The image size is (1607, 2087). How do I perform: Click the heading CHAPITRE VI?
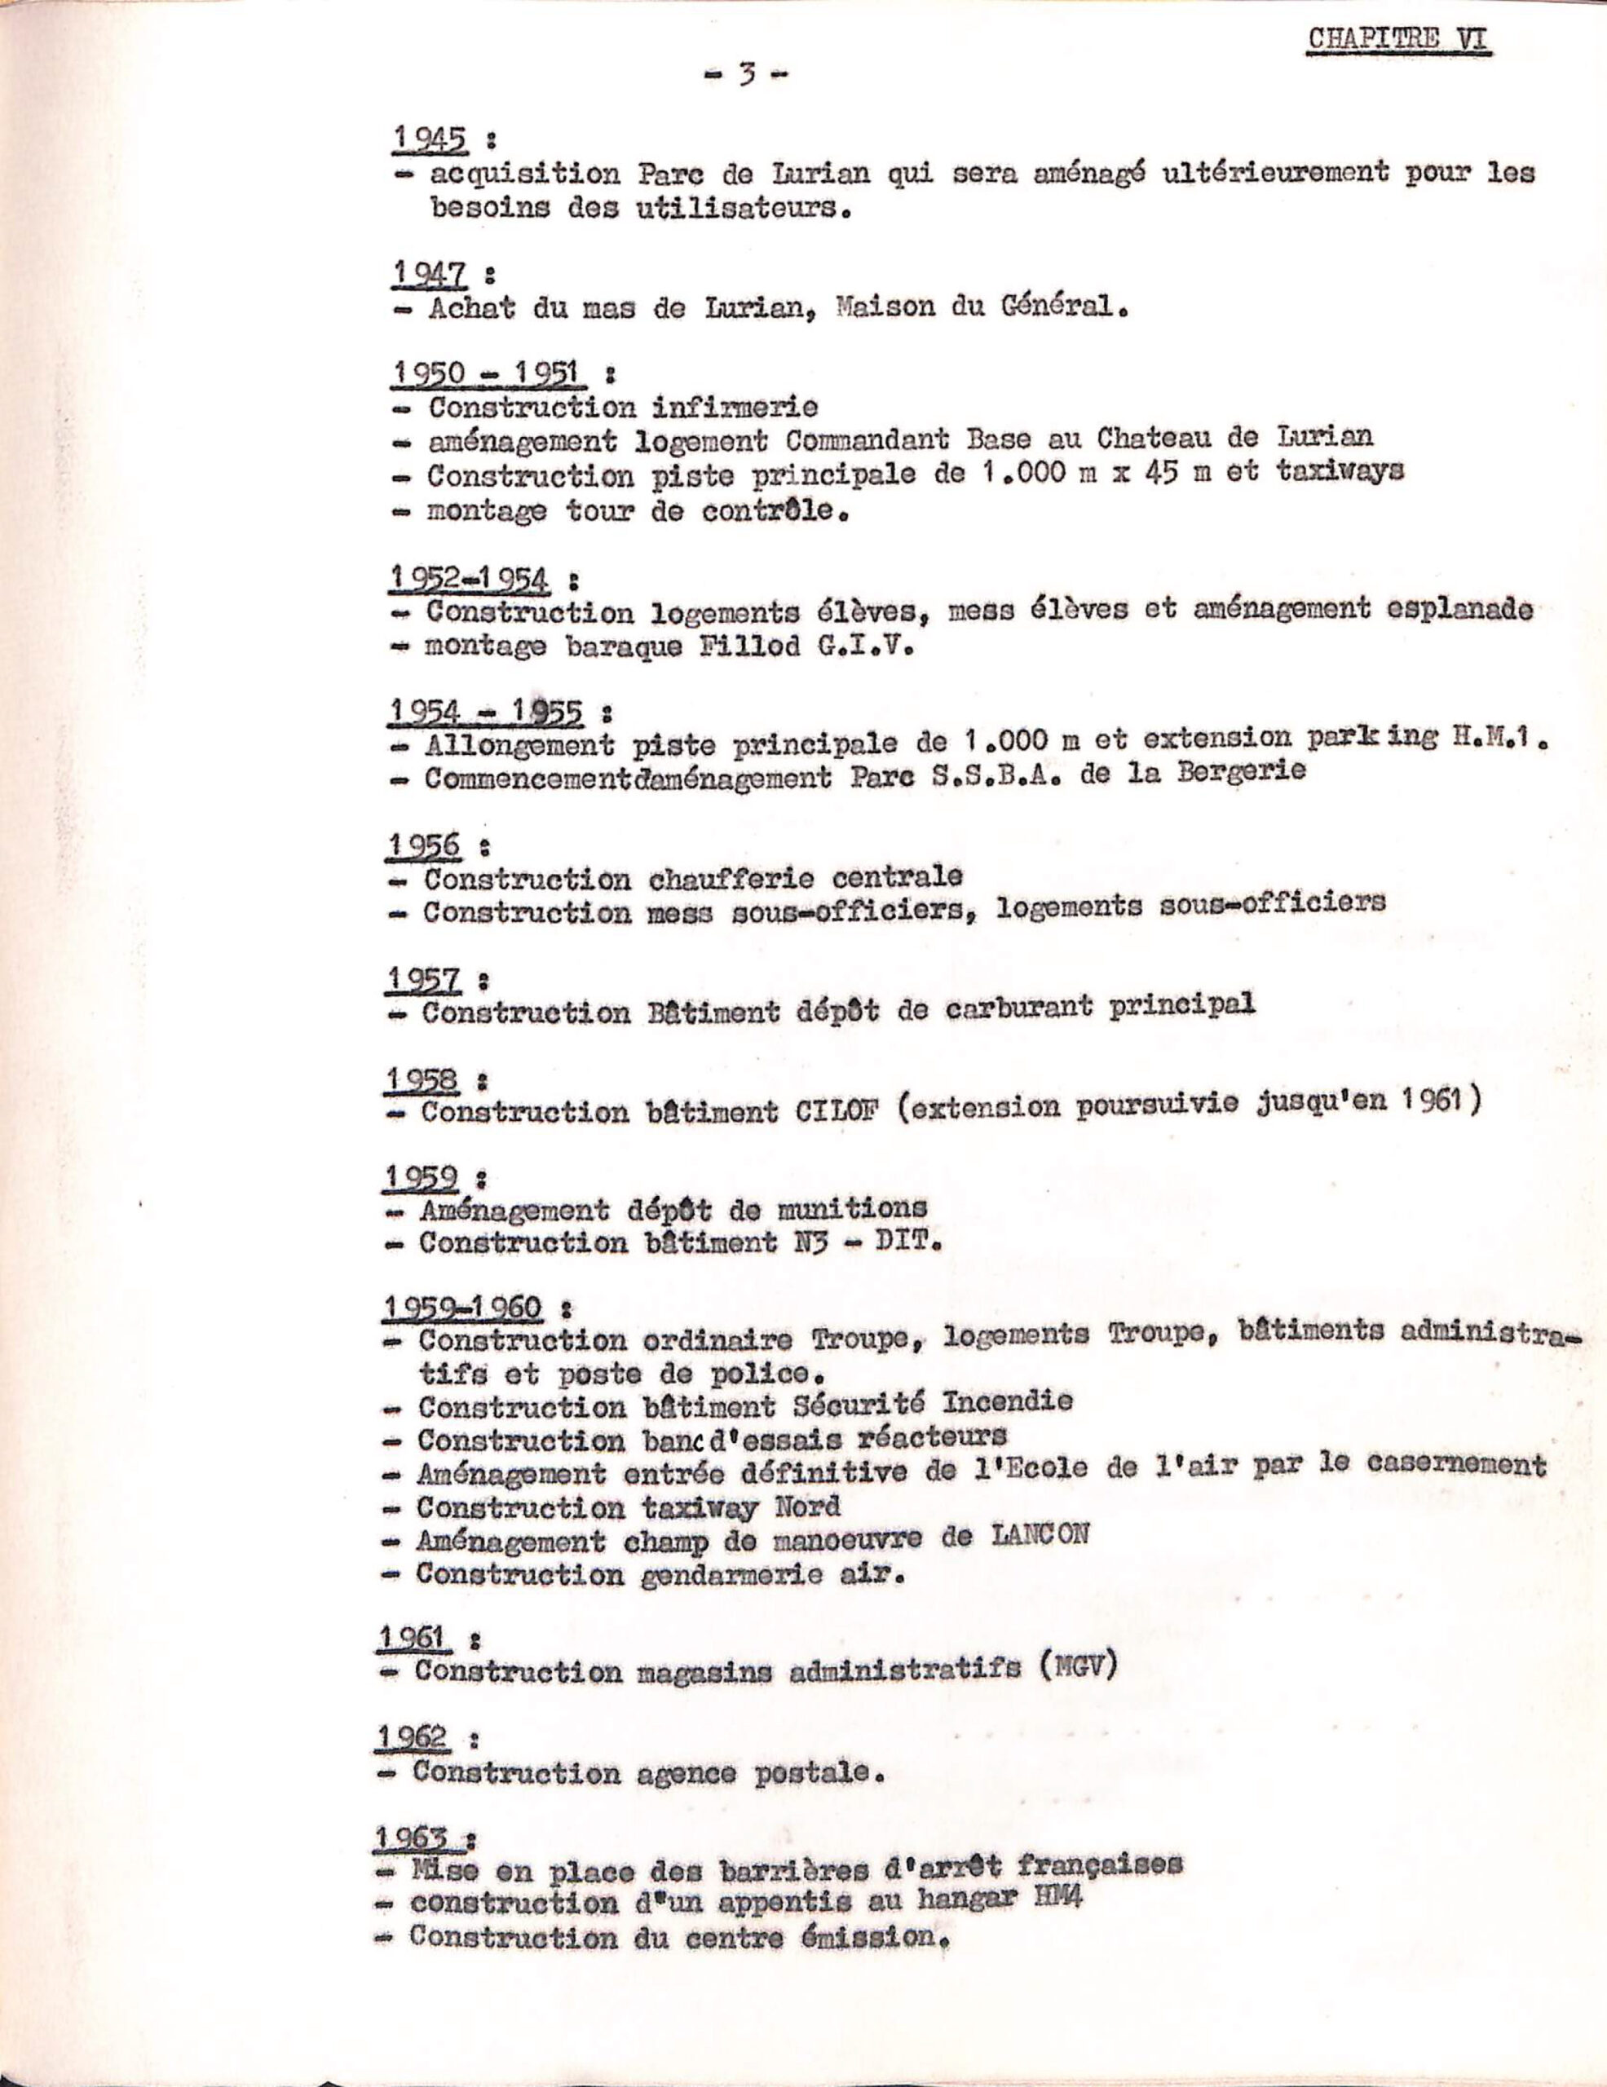1400,40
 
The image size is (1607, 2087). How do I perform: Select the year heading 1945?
430,139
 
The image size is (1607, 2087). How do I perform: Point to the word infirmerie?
735,408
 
